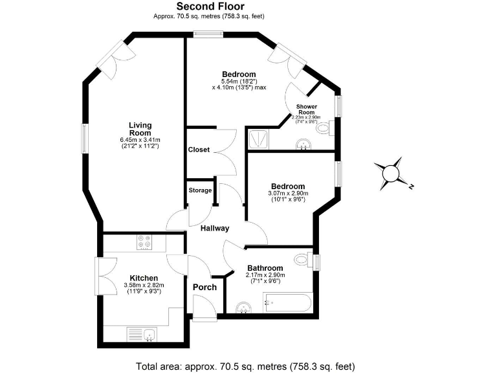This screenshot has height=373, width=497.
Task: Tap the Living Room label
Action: coord(140,129)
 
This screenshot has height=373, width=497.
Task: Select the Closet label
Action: coord(199,150)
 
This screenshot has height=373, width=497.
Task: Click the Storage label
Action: coord(200,190)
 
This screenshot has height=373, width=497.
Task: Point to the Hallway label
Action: coord(214,228)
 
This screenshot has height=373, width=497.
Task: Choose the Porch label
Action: coord(204,287)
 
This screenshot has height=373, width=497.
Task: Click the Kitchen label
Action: coord(144,278)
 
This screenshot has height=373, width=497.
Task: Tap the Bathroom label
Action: coord(265,268)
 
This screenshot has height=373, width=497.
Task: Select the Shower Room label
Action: coord(307,109)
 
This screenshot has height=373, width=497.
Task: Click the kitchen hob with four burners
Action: coord(144,242)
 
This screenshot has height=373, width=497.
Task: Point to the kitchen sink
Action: coord(149,335)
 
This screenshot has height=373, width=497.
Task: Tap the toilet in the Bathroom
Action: coord(302,260)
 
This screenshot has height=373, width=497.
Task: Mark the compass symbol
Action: coord(392,174)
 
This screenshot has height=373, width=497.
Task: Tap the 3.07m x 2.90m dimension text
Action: coord(288,193)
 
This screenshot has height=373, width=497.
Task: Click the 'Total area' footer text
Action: coord(246,366)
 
